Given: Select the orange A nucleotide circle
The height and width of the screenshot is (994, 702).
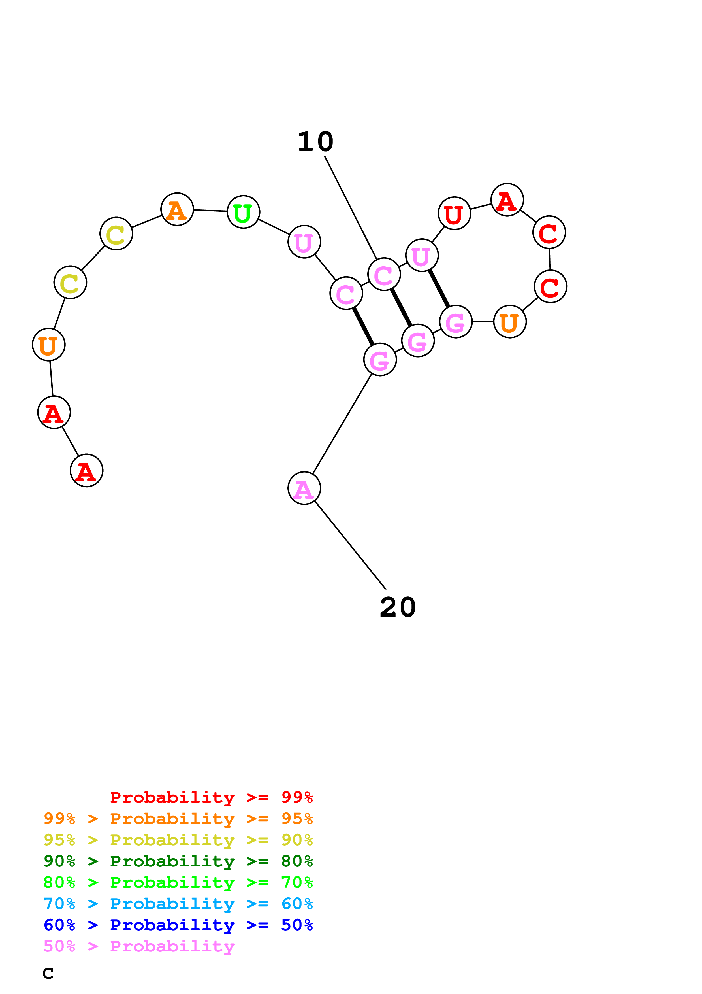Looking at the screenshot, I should (x=177, y=209).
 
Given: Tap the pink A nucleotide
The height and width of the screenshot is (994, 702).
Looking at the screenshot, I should (x=304, y=488).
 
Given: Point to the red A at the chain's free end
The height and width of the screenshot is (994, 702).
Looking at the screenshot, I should (x=86, y=471).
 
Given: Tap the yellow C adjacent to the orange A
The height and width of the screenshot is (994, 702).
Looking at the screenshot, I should (x=116, y=234).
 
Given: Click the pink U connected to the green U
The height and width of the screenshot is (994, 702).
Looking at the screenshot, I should (x=304, y=242).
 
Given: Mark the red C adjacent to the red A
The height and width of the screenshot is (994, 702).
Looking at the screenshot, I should (x=549, y=232).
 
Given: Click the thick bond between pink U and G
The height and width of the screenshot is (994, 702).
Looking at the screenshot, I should (x=439, y=288).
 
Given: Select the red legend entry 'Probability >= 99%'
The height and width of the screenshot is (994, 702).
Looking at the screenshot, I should (x=211, y=797).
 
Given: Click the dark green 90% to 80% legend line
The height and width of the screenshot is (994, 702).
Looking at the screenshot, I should (x=178, y=861).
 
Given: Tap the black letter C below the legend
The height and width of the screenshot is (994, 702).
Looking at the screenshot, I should (x=48, y=974).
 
